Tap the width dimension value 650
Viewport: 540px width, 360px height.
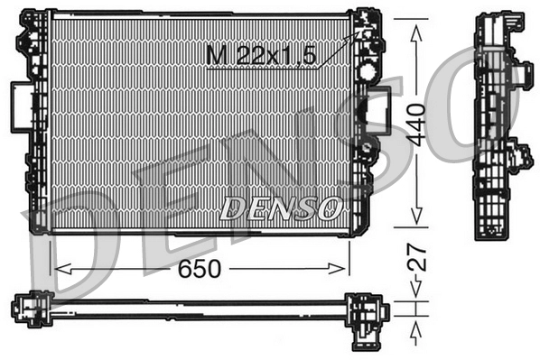(x=200, y=268)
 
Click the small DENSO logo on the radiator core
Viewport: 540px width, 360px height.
(x=280, y=209)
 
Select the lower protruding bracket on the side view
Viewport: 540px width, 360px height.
(x=519, y=159)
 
